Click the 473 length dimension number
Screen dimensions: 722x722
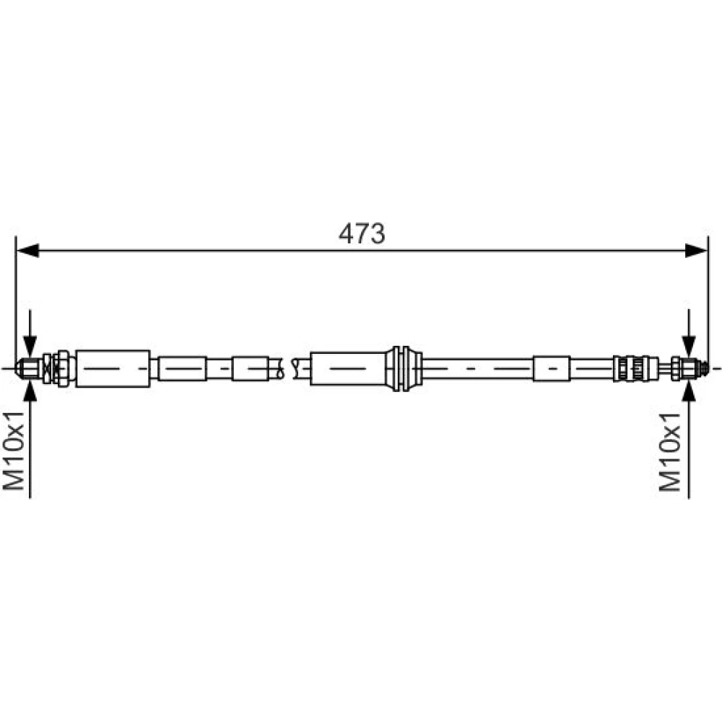tap(362, 233)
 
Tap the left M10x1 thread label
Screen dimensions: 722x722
tap(13, 451)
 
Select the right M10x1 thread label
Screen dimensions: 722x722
tap(669, 452)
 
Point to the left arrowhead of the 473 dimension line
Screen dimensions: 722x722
tap(27, 251)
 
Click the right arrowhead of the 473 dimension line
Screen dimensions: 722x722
tap(696, 251)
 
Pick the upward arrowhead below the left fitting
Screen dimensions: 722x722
tap(30, 391)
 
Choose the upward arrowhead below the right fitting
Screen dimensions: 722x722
tap(689, 391)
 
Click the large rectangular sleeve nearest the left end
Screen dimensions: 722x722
tap(113, 368)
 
